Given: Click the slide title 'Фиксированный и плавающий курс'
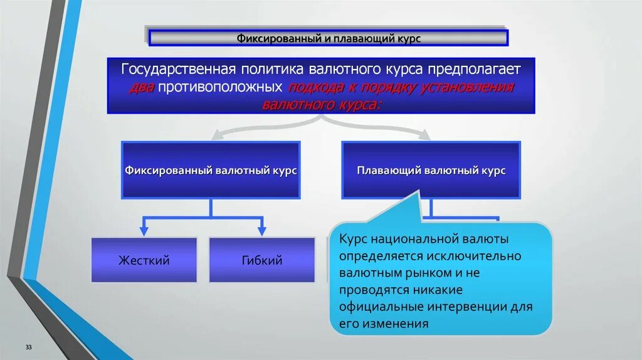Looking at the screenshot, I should point(328,38).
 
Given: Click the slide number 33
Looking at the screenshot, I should point(28,347).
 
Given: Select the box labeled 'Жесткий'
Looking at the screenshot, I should point(144,260).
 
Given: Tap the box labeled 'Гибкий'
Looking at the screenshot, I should point(261,260).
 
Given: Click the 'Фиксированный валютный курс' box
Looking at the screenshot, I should point(211,170).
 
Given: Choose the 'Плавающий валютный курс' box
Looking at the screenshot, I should point(431,170).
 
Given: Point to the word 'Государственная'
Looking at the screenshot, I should point(177,68).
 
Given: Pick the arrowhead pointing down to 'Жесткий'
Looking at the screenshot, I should point(144,230).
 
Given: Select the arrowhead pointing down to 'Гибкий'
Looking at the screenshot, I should point(261,230).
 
